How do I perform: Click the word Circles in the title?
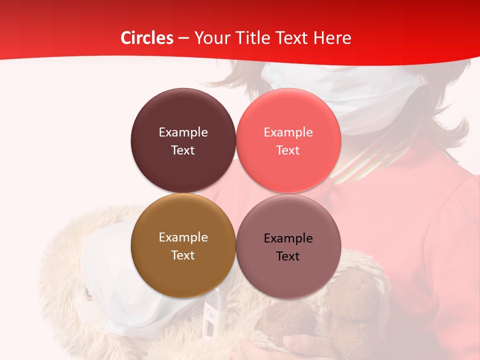point(146,38)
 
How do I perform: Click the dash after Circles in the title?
point(183,38)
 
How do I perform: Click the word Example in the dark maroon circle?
point(183,132)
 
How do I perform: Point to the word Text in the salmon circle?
point(288,150)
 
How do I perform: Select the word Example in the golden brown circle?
point(183,237)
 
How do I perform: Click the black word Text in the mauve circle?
point(288,256)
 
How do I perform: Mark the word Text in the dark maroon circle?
point(183,150)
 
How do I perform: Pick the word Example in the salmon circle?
point(288,132)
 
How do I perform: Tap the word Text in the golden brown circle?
point(183,255)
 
